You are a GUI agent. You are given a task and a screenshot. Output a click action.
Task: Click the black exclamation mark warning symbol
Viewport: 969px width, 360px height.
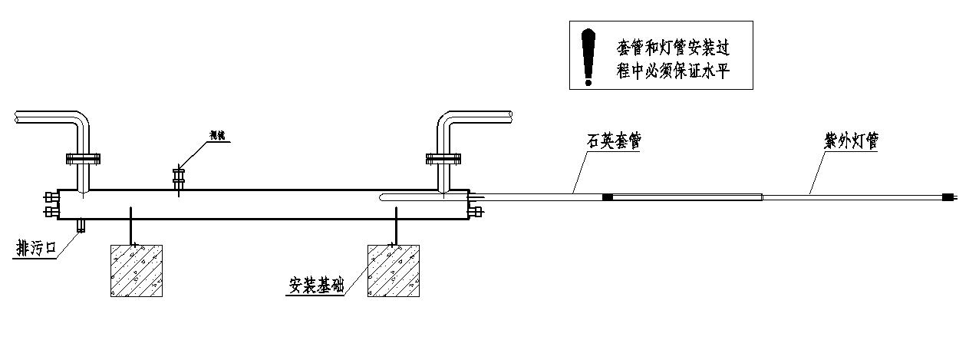588,56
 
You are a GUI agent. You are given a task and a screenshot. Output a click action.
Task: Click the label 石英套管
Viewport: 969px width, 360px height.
613,141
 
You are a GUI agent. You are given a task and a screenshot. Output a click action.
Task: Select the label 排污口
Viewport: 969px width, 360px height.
35,249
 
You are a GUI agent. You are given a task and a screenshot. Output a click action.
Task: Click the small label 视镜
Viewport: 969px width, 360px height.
221,136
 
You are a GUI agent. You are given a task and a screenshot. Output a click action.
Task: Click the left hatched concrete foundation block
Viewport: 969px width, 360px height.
135,270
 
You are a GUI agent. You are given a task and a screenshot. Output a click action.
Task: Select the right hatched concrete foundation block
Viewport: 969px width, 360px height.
394,270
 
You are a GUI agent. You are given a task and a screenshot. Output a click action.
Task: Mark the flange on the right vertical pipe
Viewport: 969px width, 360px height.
443,160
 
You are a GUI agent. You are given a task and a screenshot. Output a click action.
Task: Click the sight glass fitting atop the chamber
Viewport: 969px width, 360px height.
180,178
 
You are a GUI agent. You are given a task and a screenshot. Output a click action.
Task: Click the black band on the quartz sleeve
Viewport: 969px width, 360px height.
608,197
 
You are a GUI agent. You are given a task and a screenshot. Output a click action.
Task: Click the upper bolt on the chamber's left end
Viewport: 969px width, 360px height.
51,197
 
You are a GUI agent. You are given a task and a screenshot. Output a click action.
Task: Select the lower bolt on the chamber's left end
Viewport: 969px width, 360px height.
51,210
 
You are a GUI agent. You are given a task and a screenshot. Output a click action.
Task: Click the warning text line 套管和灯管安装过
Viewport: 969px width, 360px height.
672,48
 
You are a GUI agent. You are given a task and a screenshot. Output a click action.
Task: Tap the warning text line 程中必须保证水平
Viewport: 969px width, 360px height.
672,70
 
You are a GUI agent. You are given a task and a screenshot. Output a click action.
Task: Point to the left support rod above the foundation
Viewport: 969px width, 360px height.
132,224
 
